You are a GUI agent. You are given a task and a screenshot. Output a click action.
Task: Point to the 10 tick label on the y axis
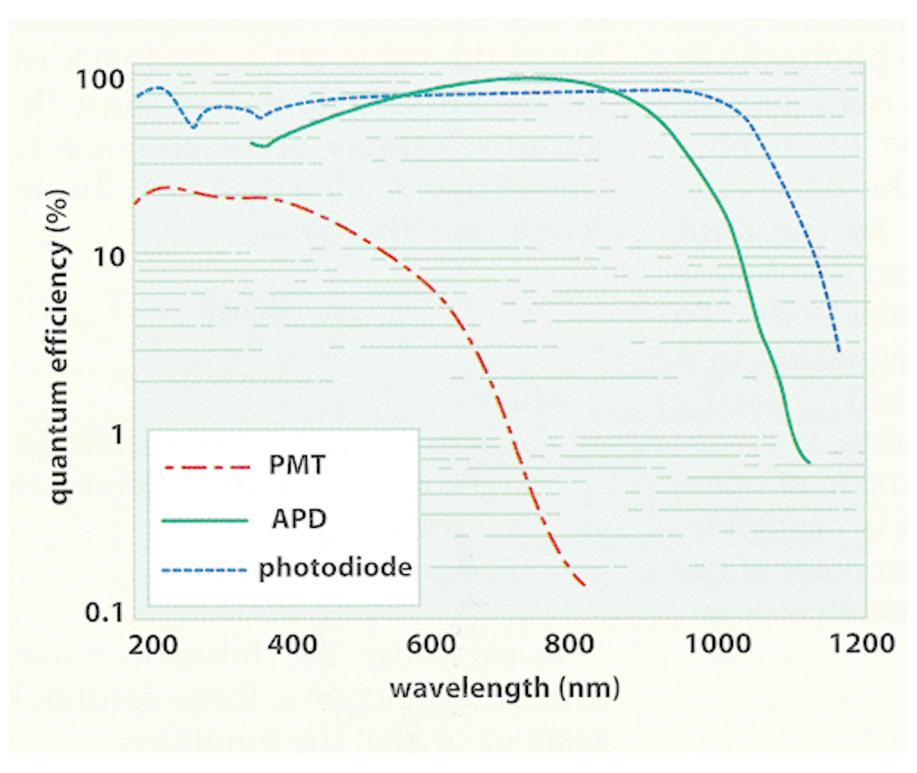point(109,257)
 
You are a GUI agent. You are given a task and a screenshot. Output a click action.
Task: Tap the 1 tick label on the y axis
point(117,435)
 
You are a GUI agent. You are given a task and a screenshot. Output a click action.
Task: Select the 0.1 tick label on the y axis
point(105,613)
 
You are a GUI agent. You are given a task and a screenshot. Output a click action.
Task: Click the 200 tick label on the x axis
point(153,645)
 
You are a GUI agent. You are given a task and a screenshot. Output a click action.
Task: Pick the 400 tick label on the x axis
point(292,645)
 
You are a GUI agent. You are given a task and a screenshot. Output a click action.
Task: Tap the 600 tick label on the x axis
point(431,645)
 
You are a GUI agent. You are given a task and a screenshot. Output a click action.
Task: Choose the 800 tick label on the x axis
point(570,645)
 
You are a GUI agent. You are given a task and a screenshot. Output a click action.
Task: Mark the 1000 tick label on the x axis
point(718,644)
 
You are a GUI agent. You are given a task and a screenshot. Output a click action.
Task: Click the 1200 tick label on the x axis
point(861,644)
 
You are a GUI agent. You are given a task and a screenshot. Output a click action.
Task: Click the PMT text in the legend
point(297,465)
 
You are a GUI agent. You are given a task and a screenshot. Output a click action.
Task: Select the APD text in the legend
point(299,520)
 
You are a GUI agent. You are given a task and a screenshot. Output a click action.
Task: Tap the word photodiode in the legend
point(335,567)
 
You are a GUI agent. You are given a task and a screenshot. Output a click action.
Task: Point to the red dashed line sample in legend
point(206,467)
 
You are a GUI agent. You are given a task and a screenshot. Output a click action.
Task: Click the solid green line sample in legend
point(205,521)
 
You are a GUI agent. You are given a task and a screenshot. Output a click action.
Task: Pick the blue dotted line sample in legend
point(204,570)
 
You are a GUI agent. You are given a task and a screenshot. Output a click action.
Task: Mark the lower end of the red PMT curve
point(584,585)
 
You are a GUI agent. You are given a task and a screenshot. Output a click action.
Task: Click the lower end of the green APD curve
point(809,462)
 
